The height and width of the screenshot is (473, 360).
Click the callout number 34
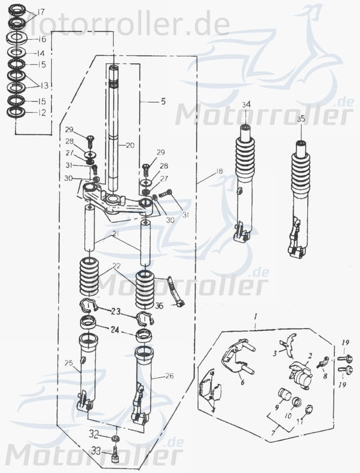pyautogui.click(x=247, y=104)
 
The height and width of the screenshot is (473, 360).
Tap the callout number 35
pyautogui.click(x=301, y=119)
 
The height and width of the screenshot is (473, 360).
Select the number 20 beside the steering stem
pyautogui.click(x=130, y=146)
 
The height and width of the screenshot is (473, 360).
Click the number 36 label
pyautogui.click(x=159, y=306)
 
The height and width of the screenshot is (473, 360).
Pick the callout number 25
pyautogui.click(x=69, y=363)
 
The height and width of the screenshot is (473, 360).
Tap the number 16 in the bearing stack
pyautogui.click(x=42, y=39)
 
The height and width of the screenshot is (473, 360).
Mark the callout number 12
pyautogui.click(x=42, y=113)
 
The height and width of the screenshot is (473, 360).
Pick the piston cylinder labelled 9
pyautogui.click(x=283, y=395)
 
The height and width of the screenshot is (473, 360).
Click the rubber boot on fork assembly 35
pyautogui.click(x=300, y=173)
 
